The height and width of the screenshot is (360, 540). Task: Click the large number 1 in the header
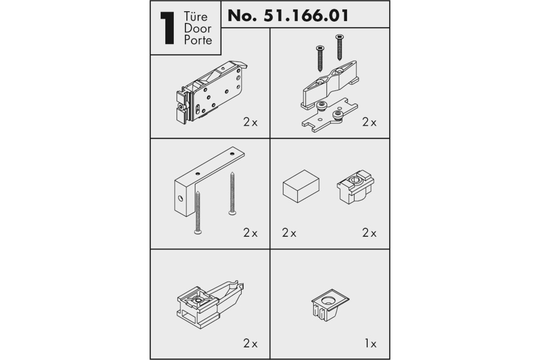tap(167, 28)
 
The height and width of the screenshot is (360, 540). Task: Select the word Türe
tap(195, 17)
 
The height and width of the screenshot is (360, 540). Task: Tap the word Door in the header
tap(198, 28)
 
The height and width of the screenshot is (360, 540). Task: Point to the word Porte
tap(198, 40)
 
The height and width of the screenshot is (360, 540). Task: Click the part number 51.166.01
tap(306, 16)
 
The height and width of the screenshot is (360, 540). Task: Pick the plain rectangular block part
tap(301, 186)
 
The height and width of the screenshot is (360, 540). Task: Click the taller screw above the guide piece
tap(339, 47)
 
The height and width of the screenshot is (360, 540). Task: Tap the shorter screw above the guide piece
tap(320, 58)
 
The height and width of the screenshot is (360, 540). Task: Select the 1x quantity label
tap(370, 343)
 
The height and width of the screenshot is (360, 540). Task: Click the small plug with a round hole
tap(330, 305)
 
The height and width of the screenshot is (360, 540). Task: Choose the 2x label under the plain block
tap(289, 233)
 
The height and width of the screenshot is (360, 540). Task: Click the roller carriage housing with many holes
tap(211, 93)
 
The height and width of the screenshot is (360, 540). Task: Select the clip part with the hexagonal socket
tap(355, 187)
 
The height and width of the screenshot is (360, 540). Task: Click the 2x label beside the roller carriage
tap(250, 122)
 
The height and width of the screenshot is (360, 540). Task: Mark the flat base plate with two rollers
tap(330, 115)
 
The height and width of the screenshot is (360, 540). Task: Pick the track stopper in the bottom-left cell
tap(210, 305)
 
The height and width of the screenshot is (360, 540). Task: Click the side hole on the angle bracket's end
tap(180, 198)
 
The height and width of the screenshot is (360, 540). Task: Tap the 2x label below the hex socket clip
tap(369, 233)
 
